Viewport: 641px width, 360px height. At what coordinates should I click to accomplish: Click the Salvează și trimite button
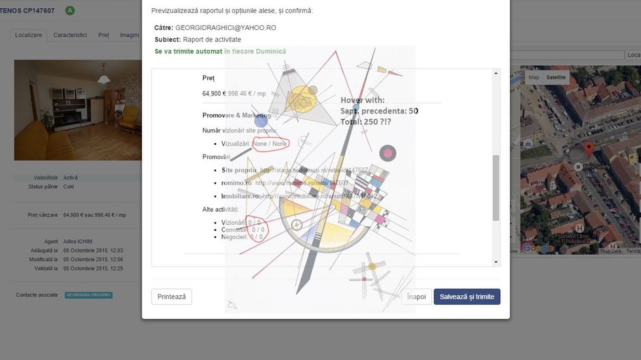[467, 296]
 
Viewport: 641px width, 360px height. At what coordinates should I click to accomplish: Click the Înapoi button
[416, 296]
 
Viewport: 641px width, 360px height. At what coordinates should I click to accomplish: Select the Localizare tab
[29, 35]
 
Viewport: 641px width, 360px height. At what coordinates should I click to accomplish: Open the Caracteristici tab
[70, 35]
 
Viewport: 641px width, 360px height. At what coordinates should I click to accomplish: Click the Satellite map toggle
[556, 77]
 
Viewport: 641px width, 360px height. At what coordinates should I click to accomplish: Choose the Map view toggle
[534, 77]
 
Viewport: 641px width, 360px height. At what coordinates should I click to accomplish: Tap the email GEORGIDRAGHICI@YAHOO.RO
[226, 27]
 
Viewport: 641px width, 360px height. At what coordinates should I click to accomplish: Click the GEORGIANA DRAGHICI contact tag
[88, 295]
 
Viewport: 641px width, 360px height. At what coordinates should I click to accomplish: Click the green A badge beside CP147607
[70, 10]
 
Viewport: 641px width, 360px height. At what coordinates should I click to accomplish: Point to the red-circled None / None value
[270, 143]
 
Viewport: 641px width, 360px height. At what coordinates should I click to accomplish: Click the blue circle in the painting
[260, 122]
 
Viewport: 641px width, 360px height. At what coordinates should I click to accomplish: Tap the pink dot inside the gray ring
[388, 153]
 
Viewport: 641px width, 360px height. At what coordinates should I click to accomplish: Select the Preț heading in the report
[208, 79]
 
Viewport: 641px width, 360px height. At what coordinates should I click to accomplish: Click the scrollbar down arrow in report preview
[495, 262]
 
